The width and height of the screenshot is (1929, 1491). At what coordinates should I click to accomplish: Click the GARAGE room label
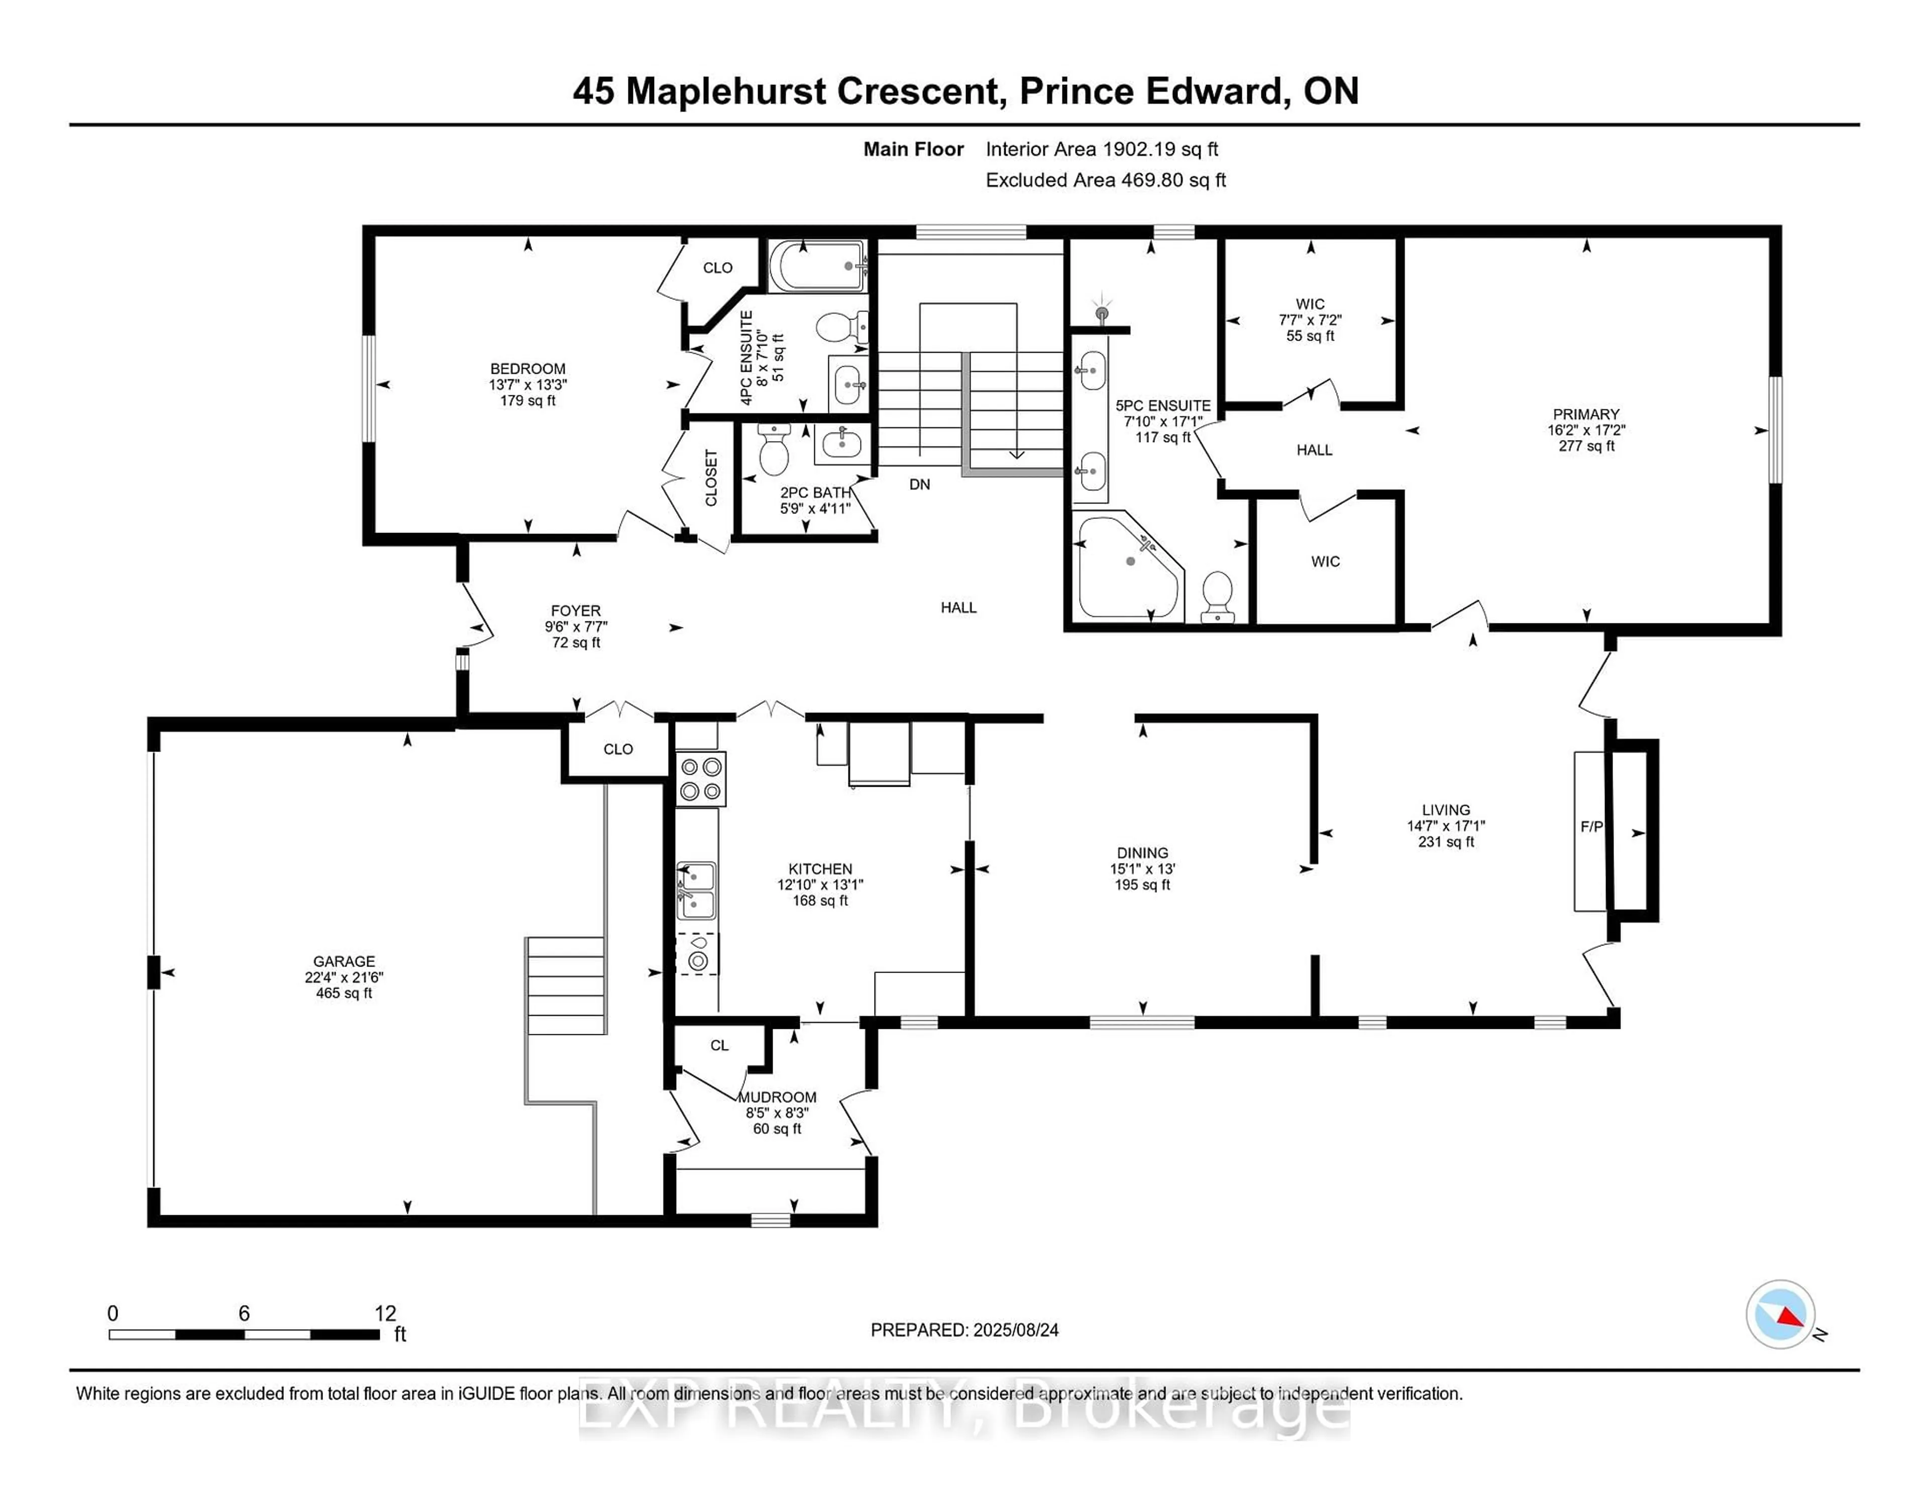[344, 961]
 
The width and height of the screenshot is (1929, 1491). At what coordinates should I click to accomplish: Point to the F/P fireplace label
[1591, 827]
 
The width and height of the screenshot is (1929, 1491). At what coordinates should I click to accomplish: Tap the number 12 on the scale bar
[385, 1314]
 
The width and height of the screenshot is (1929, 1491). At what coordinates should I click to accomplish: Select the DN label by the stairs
[919, 484]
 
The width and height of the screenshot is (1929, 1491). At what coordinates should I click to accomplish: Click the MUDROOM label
[777, 1097]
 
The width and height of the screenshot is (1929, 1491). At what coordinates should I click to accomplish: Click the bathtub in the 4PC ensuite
[817, 266]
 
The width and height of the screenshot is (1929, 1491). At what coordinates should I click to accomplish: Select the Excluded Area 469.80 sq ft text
[1105, 180]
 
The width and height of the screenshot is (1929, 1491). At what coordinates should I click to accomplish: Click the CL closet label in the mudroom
[719, 1045]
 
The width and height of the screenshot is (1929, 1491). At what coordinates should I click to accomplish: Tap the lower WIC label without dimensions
[1325, 562]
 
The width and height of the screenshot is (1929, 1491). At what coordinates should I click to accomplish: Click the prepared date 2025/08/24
[1015, 1330]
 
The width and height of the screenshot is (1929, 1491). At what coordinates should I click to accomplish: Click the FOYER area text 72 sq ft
[576, 642]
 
